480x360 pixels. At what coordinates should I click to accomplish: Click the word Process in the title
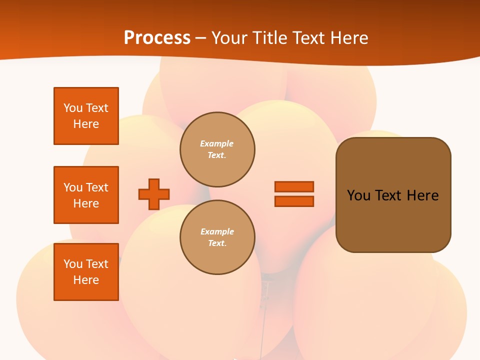pyautogui.click(x=157, y=38)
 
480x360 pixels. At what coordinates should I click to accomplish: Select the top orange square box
pyautogui.click(x=86, y=116)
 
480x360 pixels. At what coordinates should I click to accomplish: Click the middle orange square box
pyautogui.click(x=86, y=195)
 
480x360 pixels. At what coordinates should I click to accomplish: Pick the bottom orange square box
pyautogui.click(x=86, y=272)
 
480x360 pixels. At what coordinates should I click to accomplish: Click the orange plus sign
pyautogui.click(x=154, y=194)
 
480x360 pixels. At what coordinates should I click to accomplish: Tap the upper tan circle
pyautogui.click(x=217, y=149)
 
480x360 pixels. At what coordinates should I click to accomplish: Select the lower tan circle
pyautogui.click(x=217, y=237)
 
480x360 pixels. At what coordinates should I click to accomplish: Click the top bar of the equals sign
pyautogui.click(x=294, y=186)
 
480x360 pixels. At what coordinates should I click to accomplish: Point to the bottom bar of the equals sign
pyautogui.click(x=294, y=201)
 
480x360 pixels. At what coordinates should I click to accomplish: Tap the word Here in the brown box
pyautogui.click(x=422, y=195)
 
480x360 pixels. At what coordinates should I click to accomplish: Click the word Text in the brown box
pyautogui.click(x=388, y=195)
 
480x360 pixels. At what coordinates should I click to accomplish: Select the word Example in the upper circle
pyautogui.click(x=217, y=144)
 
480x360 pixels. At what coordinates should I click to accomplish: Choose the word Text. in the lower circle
pyautogui.click(x=217, y=243)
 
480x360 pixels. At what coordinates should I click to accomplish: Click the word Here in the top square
pyautogui.click(x=86, y=124)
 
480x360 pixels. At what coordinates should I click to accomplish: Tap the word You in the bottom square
pyautogui.click(x=73, y=264)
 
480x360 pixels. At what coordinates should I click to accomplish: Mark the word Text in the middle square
pyautogui.click(x=96, y=187)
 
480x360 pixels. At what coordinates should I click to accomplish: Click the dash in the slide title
pyautogui.click(x=200, y=38)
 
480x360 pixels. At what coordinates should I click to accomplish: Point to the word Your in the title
pyautogui.click(x=229, y=38)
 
